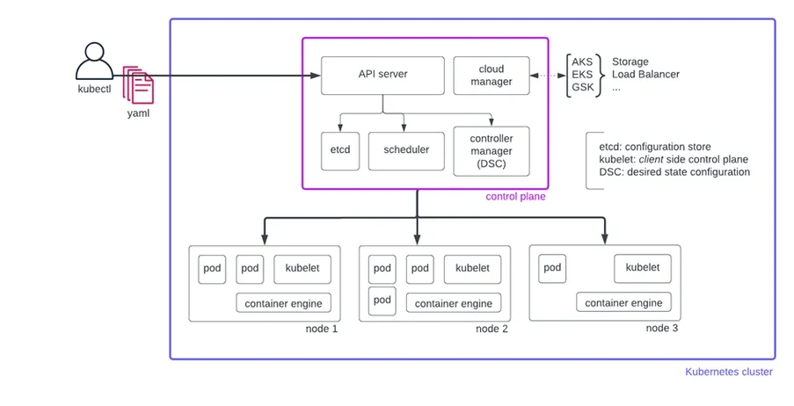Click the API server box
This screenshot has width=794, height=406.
coord(382,75)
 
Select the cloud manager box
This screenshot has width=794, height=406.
coord(492,76)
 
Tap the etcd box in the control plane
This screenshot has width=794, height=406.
coord(339,149)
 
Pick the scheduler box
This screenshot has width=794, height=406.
coord(405,149)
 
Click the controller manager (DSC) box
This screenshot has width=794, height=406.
coord(491,150)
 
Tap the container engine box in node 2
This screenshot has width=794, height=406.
coord(454,303)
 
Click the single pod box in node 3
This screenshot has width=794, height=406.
coord(551,267)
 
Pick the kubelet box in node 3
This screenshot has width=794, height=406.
coord(642,267)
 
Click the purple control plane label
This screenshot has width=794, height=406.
coord(515,197)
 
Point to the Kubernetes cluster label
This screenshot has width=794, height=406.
coord(728,372)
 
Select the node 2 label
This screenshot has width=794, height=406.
coord(492,329)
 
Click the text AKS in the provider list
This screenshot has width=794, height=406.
coord(582,62)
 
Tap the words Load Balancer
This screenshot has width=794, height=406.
coord(645,75)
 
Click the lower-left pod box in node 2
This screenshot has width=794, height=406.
coord(382,300)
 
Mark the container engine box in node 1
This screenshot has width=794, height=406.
coord(283,303)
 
